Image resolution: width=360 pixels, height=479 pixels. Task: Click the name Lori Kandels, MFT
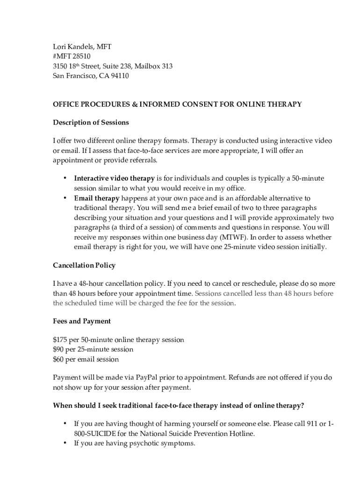click(82, 47)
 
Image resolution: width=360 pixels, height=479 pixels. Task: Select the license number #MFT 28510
click(72, 57)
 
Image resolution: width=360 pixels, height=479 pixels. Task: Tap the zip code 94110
click(119, 76)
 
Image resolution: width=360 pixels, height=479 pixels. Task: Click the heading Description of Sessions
click(91, 123)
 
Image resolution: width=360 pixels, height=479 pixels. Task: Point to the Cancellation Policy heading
click(84, 265)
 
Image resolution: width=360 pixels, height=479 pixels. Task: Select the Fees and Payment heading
click(82, 321)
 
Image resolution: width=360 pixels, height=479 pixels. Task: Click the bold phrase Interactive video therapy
click(114, 178)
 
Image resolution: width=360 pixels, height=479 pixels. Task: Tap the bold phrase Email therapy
click(97, 198)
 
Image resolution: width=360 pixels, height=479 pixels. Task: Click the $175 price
click(60, 340)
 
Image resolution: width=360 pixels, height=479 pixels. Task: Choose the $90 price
click(58, 349)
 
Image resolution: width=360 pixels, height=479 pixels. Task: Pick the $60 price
click(58, 359)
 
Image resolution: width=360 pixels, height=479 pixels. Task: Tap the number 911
click(311, 424)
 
